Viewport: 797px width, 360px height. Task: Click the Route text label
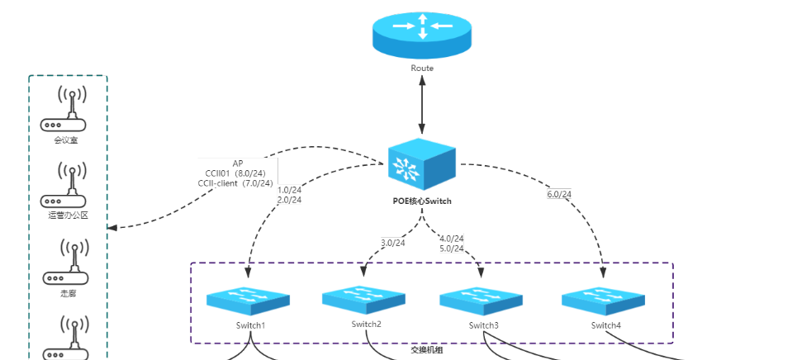click(422, 68)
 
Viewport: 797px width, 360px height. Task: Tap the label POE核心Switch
click(421, 201)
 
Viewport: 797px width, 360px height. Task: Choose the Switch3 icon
click(482, 300)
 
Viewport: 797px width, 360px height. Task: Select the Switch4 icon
click(602, 300)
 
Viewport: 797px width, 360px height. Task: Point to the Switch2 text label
click(366, 324)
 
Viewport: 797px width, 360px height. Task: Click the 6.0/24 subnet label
click(559, 194)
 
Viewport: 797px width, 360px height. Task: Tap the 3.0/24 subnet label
click(393, 243)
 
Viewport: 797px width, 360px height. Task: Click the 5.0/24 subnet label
click(451, 248)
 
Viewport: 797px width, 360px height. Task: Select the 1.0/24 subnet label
click(289, 189)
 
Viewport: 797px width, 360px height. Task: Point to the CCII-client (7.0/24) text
click(235, 182)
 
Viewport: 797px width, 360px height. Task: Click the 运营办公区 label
click(68, 215)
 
